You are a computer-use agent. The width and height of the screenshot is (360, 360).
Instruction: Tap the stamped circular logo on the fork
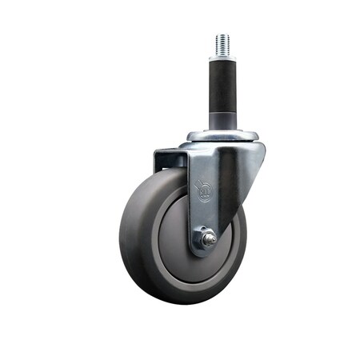pyautogui.click(x=205, y=193)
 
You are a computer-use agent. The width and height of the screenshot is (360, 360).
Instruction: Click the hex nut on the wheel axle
pyautogui.click(x=207, y=238)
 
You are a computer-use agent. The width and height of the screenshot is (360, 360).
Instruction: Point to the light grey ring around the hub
pyautogui.click(x=160, y=264)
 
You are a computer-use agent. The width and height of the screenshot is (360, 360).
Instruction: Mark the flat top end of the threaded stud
pyautogui.click(x=222, y=35)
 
